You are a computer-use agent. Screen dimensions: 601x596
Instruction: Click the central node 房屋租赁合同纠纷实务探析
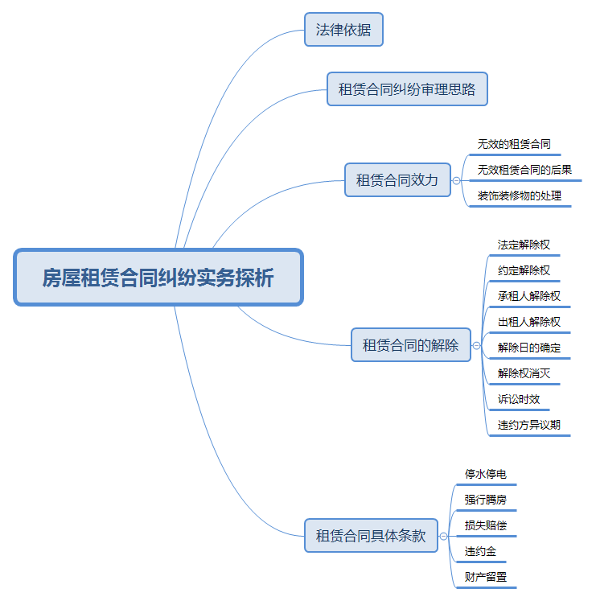point(158,278)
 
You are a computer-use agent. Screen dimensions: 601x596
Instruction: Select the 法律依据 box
point(343,30)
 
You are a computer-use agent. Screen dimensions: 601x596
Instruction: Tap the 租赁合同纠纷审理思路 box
point(407,89)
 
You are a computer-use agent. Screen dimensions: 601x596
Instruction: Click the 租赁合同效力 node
point(397,180)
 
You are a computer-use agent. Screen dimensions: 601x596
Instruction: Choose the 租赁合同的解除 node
point(411,345)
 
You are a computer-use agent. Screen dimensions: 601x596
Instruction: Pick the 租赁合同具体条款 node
point(371,536)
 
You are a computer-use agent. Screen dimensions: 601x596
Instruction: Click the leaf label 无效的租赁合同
point(514,145)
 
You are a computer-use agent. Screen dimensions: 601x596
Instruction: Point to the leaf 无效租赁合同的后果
point(524,170)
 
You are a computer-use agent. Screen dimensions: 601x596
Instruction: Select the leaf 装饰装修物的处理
point(520,196)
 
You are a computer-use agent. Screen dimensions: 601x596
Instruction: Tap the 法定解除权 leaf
point(524,245)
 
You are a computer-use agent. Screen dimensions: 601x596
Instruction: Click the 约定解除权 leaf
point(524,270)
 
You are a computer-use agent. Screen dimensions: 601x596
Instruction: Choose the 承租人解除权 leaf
point(528,296)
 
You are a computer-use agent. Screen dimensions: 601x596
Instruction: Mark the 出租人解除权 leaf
point(528,322)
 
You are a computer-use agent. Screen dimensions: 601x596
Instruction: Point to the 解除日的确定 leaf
point(528,348)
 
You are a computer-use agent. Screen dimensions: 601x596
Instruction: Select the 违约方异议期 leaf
point(528,425)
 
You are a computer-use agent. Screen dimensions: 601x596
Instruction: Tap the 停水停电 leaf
point(486,474)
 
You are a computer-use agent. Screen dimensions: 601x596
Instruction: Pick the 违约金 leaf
point(480,552)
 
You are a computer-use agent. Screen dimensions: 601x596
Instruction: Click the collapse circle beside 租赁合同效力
point(457,181)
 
